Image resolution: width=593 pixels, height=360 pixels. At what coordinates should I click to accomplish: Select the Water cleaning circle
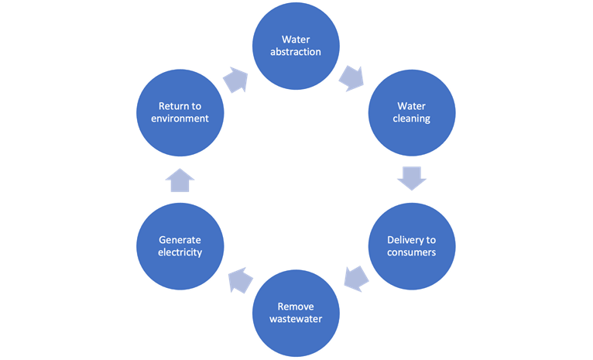412,113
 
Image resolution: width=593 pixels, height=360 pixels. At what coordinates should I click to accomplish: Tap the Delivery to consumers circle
412,245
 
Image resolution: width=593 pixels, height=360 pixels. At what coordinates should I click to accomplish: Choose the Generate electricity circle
180,245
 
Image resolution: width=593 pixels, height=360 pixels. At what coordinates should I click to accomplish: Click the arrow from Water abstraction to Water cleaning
353,77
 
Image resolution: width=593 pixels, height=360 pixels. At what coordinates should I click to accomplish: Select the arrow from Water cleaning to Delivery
412,179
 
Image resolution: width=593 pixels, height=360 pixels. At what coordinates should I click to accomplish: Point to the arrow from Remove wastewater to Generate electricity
240,279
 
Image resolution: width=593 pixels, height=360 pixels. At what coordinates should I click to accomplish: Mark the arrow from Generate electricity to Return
180,180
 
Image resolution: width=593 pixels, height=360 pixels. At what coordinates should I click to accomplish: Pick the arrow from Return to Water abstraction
236,79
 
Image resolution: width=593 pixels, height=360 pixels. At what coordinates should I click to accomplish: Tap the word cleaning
412,120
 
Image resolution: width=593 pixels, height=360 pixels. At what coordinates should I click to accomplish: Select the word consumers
412,252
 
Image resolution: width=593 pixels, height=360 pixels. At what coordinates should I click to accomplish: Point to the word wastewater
296,320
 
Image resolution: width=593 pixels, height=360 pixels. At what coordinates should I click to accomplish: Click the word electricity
180,252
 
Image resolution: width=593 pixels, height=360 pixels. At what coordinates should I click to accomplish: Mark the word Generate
180,238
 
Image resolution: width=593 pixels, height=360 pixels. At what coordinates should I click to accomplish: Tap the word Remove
296,306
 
